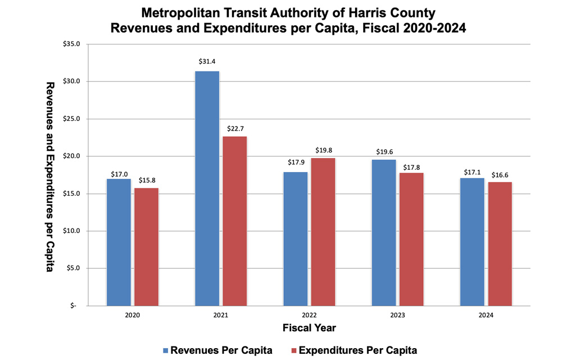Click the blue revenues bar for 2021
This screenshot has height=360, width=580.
coord(207,188)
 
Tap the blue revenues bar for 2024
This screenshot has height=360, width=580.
coord(472,242)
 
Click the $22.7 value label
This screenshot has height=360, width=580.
coord(235,129)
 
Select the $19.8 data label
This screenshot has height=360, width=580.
coord(323,150)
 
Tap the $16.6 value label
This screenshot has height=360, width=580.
coord(500,174)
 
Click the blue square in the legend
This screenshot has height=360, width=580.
coord(166,350)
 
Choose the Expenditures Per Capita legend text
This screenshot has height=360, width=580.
coord(358,350)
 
